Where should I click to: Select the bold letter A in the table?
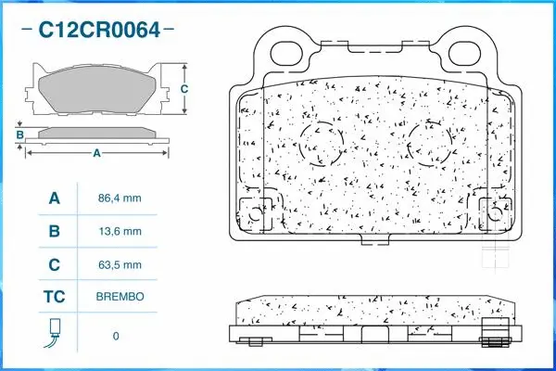(x=54, y=198)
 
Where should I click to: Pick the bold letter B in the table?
(x=54, y=232)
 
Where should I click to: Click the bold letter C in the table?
(x=54, y=265)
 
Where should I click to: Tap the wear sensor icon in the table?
(x=54, y=332)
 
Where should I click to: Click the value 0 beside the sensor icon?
(x=116, y=335)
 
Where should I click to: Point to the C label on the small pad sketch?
(x=184, y=89)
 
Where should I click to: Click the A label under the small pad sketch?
(x=95, y=154)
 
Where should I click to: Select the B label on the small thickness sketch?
(x=19, y=135)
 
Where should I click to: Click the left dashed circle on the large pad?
(x=322, y=143)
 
